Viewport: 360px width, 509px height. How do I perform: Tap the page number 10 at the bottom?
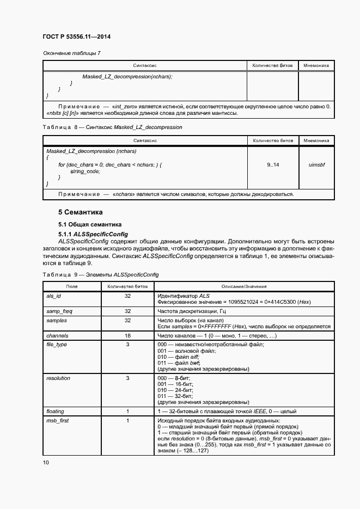(x=46, y=463)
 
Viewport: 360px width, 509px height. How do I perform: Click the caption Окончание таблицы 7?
(x=71, y=53)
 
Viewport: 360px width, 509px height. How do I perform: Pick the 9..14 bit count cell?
(x=273, y=164)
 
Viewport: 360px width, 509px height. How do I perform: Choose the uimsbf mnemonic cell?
(x=316, y=164)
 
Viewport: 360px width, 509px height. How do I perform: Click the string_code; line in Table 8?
(x=86, y=171)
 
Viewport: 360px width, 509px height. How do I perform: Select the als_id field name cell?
(x=56, y=296)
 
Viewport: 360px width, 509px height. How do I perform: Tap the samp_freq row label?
(x=60, y=311)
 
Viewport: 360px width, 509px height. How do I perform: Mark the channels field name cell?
(x=57, y=336)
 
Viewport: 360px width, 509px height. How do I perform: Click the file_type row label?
(x=58, y=345)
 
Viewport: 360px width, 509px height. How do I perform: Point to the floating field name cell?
(x=57, y=411)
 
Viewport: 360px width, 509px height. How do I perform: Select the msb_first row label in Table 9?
(x=58, y=420)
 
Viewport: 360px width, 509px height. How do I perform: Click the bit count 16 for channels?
(x=127, y=336)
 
